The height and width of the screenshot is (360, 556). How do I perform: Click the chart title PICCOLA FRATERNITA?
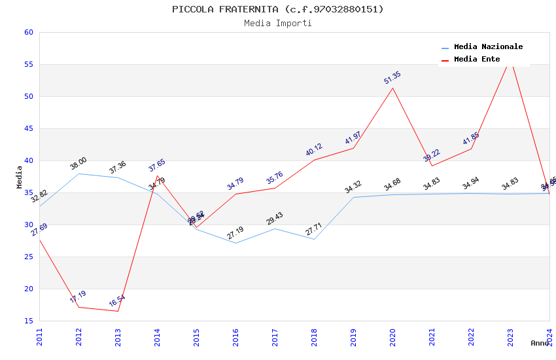tap(278, 9)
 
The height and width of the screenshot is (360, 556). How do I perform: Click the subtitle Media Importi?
tap(278, 23)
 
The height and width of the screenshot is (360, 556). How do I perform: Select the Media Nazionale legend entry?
tap(488, 46)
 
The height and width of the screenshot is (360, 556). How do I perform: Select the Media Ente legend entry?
tap(477, 59)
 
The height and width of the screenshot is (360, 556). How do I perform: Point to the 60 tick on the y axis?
tap(27, 32)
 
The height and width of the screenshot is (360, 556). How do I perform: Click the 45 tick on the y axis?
tap(27, 128)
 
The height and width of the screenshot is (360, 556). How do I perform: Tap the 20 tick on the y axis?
tap(27, 289)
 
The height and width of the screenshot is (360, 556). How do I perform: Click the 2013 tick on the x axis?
tap(118, 336)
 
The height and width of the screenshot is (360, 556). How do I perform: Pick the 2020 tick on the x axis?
tap(392, 336)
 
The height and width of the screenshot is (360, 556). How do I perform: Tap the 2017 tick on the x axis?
tap(275, 336)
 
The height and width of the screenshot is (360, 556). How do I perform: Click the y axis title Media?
tap(20, 177)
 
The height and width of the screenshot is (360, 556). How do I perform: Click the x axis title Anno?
tap(540, 343)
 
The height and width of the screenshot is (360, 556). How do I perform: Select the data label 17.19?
tap(78, 297)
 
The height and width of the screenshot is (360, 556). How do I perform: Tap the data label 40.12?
tap(314, 150)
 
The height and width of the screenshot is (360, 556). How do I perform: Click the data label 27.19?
tap(235, 232)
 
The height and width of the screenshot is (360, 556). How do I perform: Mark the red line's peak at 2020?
tap(392, 88)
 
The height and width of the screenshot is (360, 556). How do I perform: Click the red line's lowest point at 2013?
tap(118, 311)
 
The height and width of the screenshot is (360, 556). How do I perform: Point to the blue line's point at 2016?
tap(235, 243)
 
